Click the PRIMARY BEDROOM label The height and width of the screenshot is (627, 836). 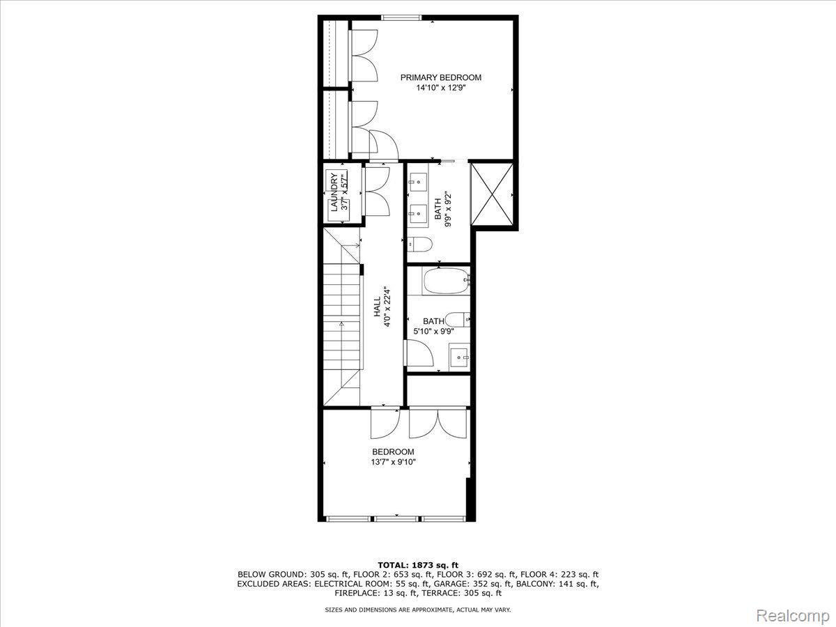coord(441,77)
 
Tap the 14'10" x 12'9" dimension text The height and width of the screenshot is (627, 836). coord(441,88)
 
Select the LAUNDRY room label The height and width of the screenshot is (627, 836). coord(334,192)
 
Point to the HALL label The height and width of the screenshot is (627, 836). coord(377,307)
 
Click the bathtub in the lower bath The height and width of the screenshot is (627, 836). coord(446,281)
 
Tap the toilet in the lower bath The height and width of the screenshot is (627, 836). coord(458,319)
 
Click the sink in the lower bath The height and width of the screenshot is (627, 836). coord(459,357)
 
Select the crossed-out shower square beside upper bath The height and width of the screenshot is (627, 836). coord(492,194)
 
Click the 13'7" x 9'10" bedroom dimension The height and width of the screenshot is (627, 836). coord(393,462)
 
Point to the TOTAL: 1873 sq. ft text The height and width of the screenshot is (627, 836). coord(418,565)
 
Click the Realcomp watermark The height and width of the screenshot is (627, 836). coord(794,615)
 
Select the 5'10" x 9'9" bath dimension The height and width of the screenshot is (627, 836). coord(433,332)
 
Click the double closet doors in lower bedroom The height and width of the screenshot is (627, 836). coord(438,424)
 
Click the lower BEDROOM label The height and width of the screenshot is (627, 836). coord(393,452)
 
